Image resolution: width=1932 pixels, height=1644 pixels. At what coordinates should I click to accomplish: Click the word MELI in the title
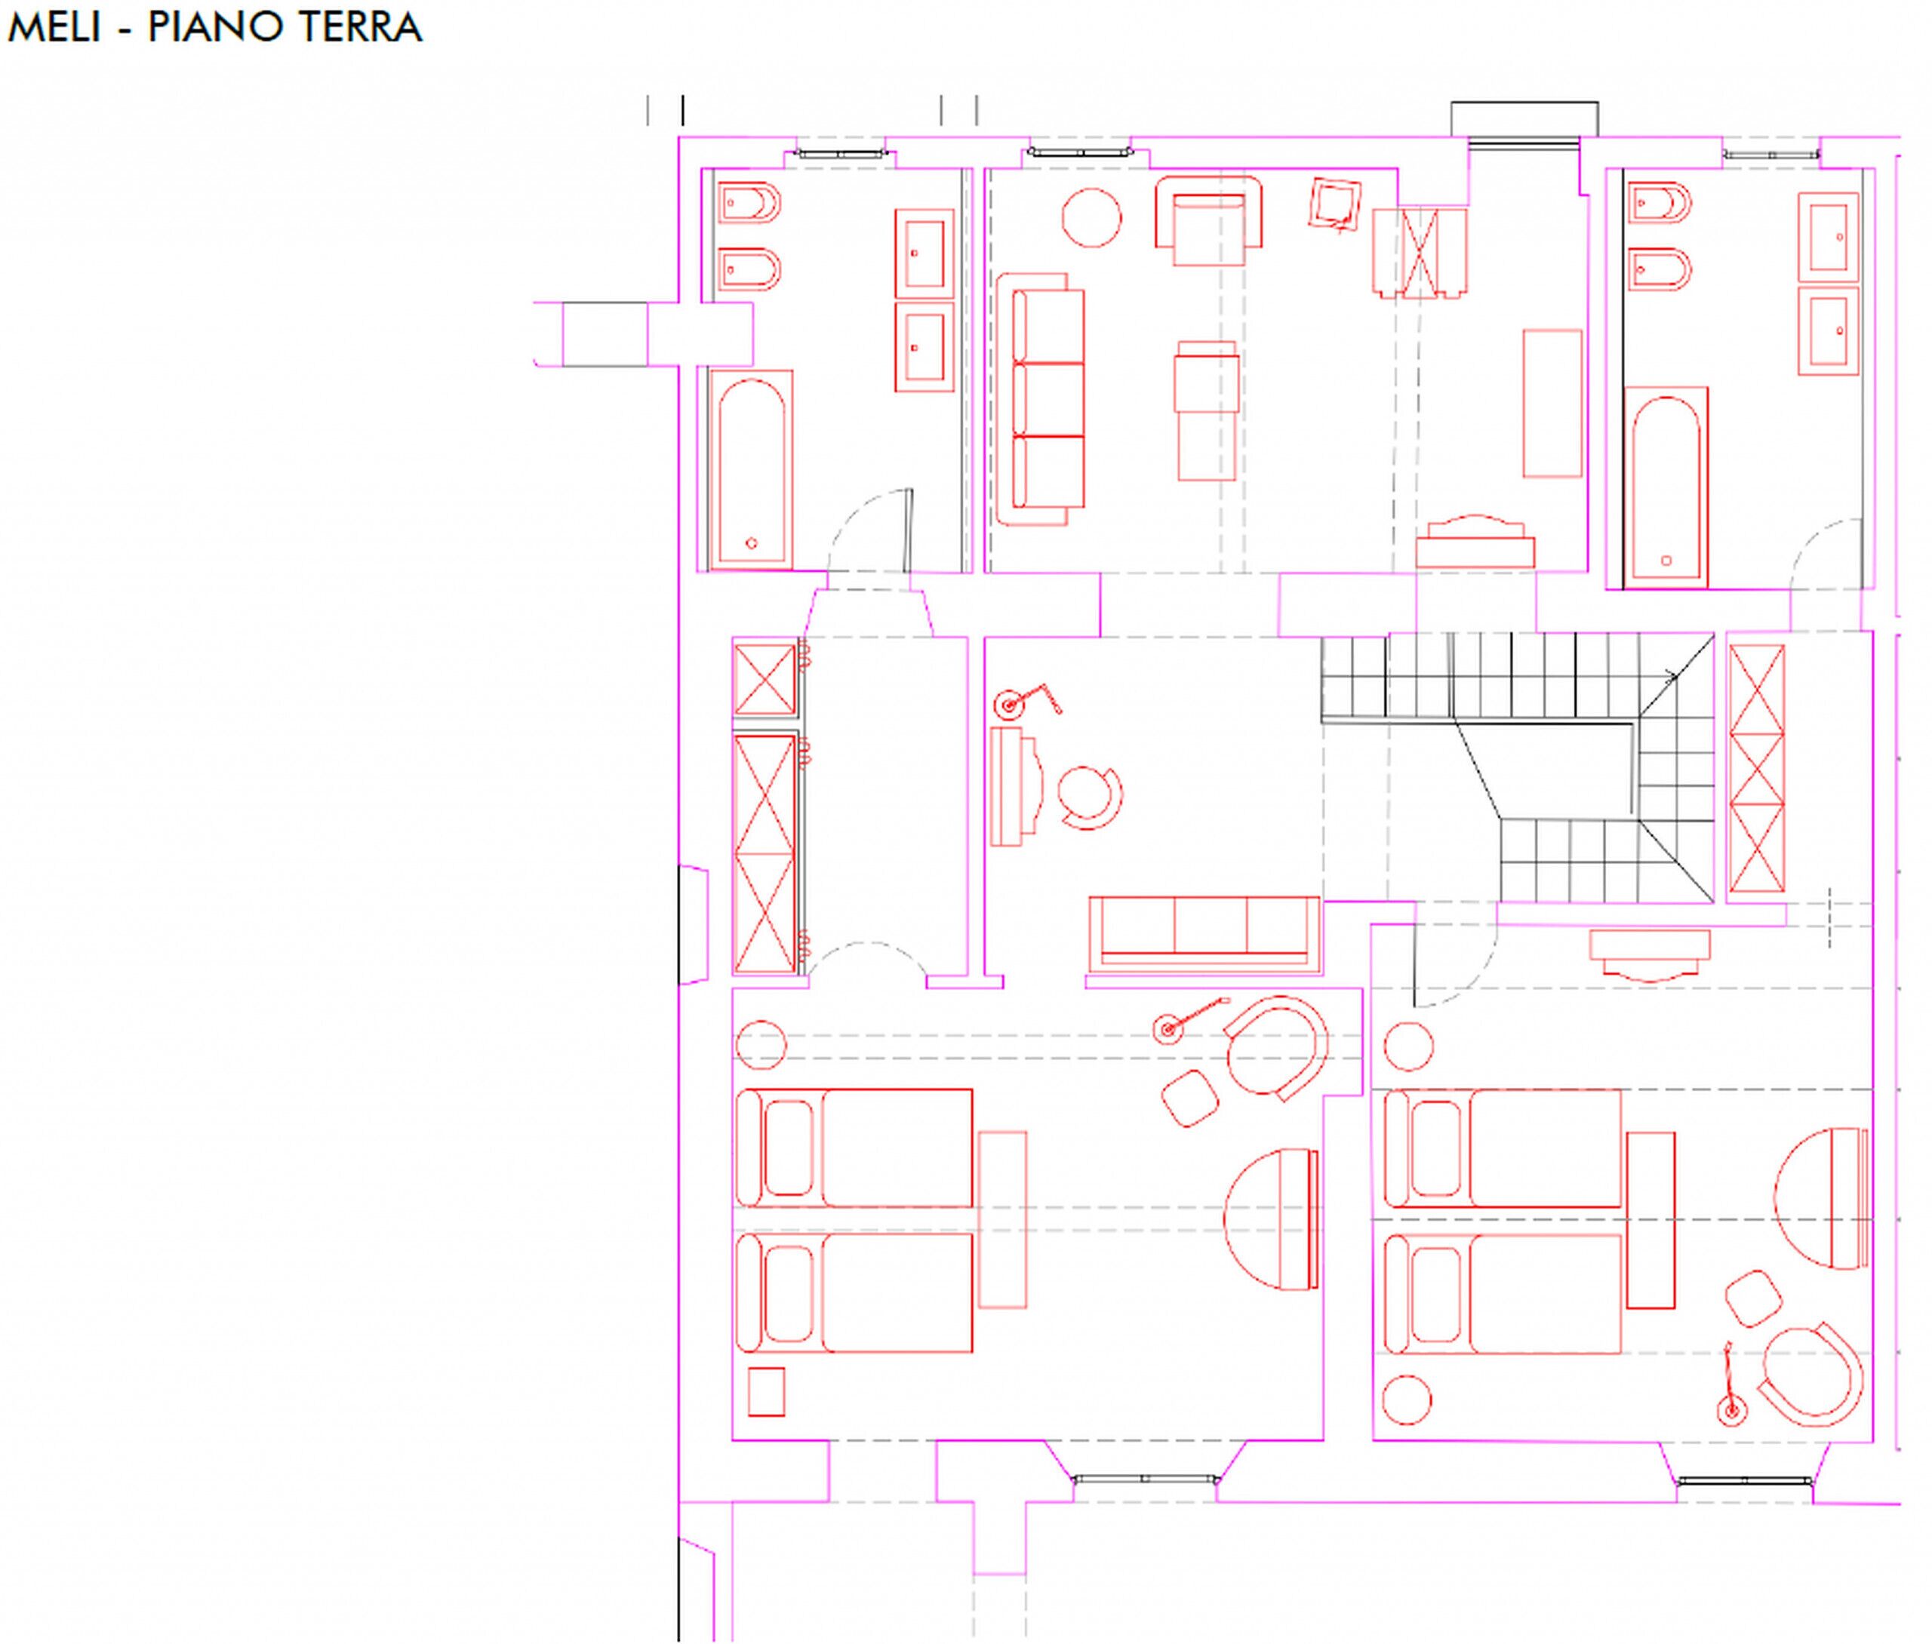tap(54, 27)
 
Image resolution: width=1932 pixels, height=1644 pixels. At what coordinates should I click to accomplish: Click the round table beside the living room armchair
tap(1091, 218)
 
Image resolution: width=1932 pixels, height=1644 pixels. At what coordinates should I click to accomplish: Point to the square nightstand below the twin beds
tap(766, 1391)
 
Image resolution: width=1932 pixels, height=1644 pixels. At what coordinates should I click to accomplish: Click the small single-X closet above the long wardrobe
tap(764, 678)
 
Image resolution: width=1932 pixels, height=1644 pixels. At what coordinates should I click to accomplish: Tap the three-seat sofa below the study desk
tap(1204, 934)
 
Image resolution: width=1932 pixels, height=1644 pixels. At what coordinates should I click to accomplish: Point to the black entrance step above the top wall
tap(1524, 120)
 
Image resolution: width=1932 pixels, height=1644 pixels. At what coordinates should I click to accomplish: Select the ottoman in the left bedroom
tap(1190, 1099)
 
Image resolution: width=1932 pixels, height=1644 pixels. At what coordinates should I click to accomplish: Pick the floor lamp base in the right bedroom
tap(1731, 1412)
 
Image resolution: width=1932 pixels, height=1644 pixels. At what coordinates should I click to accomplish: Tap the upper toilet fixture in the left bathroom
tap(749, 202)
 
